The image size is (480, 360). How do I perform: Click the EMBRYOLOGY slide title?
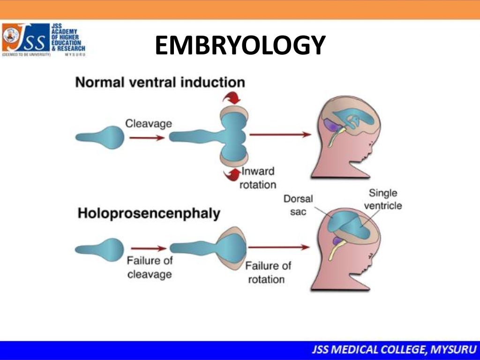240,46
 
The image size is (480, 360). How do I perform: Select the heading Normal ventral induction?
160,83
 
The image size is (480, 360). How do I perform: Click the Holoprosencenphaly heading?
149,214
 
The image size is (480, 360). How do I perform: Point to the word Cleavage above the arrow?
148,124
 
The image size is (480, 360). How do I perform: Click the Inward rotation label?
258,178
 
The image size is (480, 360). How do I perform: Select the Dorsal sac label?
295,205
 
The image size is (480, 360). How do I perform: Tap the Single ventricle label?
383,199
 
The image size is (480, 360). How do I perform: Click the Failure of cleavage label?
149,267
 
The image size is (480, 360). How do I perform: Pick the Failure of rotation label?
268,272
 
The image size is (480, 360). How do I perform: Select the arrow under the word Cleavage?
147,138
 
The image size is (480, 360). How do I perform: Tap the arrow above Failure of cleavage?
149,248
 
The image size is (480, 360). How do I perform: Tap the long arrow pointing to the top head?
280,135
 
